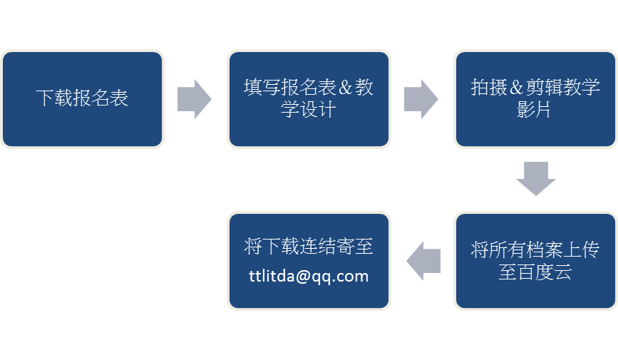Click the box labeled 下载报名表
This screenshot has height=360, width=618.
(x=83, y=99)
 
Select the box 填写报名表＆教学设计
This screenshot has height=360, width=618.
(x=309, y=99)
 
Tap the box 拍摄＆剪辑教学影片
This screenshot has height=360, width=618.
(x=535, y=99)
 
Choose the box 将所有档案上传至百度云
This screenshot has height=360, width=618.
(x=535, y=261)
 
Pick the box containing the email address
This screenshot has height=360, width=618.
(x=309, y=261)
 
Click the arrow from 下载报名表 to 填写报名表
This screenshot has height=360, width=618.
(x=195, y=99)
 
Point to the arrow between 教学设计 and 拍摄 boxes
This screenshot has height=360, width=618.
(x=421, y=99)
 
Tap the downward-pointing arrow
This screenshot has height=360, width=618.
(x=535, y=179)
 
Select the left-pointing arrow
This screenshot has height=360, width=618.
(x=423, y=261)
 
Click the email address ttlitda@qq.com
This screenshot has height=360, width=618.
(x=309, y=276)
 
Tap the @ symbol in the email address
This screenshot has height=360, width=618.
(x=303, y=277)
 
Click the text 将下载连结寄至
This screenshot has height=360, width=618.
(x=309, y=247)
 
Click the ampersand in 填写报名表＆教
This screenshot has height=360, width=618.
(x=345, y=88)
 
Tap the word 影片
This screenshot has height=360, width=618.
(x=534, y=110)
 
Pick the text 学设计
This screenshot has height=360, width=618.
(x=308, y=110)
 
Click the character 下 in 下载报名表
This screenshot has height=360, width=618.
(x=44, y=98)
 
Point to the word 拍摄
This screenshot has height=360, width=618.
(x=489, y=88)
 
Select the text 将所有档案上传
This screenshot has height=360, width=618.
(x=535, y=250)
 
